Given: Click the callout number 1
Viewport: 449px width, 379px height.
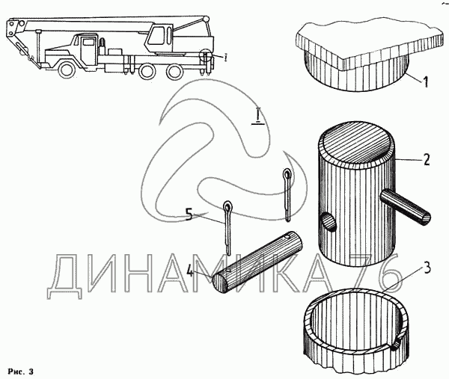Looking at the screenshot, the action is [x=426, y=81].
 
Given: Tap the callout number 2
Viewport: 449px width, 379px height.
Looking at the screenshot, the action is [x=426, y=160].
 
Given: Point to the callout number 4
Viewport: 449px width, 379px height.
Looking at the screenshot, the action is [x=190, y=271].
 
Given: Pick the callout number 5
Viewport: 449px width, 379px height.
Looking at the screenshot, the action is [x=189, y=215].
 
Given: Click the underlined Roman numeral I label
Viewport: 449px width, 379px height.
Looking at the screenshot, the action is [x=258, y=116].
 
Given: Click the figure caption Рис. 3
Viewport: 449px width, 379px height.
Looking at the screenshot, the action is [x=21, y=372].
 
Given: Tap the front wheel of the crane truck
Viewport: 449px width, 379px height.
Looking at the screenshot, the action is [x=68, y=70].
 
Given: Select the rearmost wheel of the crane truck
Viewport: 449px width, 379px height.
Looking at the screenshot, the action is [x=174, y=70].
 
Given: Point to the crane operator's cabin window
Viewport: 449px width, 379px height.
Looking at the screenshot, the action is [x=156, y=35].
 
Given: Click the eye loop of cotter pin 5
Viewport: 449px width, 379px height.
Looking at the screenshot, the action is [x=228, y=206].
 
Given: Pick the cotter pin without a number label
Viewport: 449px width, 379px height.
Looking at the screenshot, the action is [x=287, y=194].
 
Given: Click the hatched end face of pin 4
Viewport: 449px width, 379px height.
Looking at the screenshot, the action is [x=220, y=283].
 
